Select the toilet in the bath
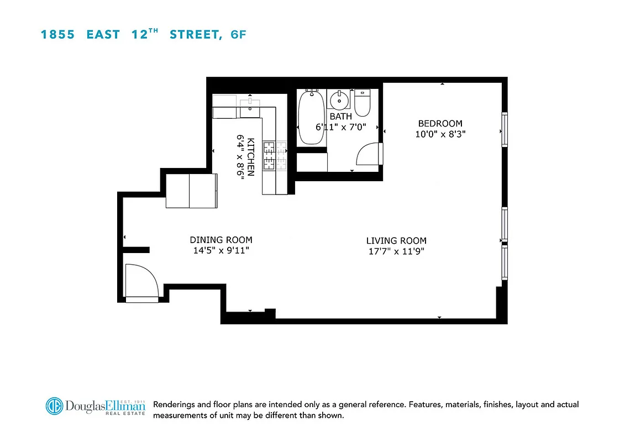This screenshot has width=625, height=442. [x=362, y=103]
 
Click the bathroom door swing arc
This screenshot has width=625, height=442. [x=369, y=154]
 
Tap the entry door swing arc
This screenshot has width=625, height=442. [x=142, y=281]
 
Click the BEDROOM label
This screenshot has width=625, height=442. [x=440, y=124]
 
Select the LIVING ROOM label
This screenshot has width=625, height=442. [x=396, y=241]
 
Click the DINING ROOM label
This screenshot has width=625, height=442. [x=221, y=240]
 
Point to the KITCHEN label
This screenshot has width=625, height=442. [x=251, y=156]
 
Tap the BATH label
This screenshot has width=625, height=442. [x=340, y=117]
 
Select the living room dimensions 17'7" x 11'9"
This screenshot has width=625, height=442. [x=396, y=251]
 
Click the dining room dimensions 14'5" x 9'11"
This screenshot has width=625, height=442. [x=221, y=250]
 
